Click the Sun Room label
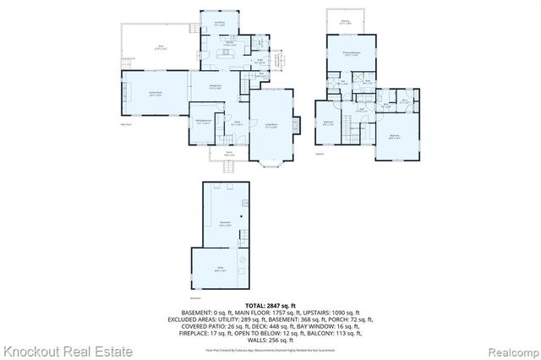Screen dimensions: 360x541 [x=219, y=25]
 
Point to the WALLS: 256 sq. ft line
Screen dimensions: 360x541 [x=270, y=339]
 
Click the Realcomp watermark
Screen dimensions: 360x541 [x=508, y=350]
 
